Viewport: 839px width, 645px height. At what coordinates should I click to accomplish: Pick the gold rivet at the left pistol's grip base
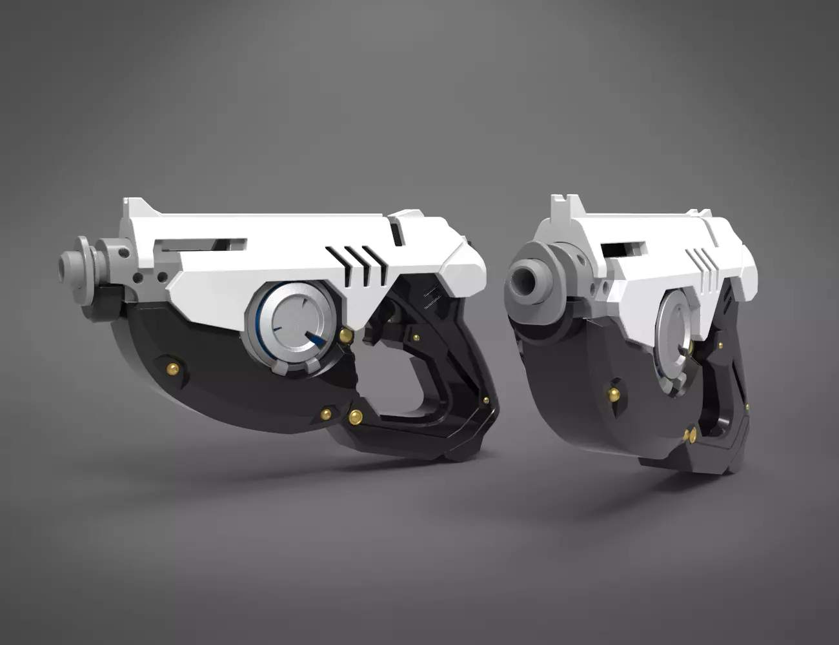point(354,417)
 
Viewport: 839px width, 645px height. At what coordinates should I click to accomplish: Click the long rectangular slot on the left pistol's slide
point(203,244)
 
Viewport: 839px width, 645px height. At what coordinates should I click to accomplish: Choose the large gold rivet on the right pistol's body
point(614,393)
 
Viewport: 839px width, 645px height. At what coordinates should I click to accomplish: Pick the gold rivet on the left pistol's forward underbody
point(172,368)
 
